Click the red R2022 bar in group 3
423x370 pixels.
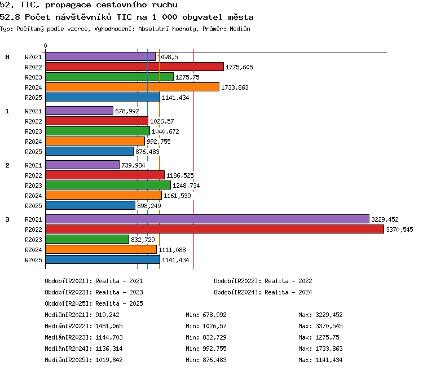pos(215,229)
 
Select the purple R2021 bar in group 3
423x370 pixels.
pos(208,219)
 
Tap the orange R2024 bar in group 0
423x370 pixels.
pos(133,87)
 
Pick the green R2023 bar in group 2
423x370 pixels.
pos(108,185)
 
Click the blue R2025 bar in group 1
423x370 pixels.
pos(90,151)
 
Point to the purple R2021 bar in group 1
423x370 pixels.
pos(80,111)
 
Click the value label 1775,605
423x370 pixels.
pos(239,67)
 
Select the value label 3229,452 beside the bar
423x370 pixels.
pos(385,219)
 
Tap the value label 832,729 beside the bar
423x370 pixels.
pos(143,240)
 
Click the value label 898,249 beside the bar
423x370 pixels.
pos(149,206)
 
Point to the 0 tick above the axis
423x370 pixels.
pos(45,46)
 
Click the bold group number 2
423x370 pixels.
pos(7,165)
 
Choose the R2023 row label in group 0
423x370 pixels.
pos(33,77)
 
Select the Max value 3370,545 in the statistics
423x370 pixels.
pos(329,326)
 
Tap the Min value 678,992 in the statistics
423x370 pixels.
pos(214,315)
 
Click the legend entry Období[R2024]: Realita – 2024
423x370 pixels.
pos(263,292)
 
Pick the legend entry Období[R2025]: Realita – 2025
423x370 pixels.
pos(94,303)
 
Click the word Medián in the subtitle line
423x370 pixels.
pos(240,29)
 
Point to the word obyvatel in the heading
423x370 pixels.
pos(202,17)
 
